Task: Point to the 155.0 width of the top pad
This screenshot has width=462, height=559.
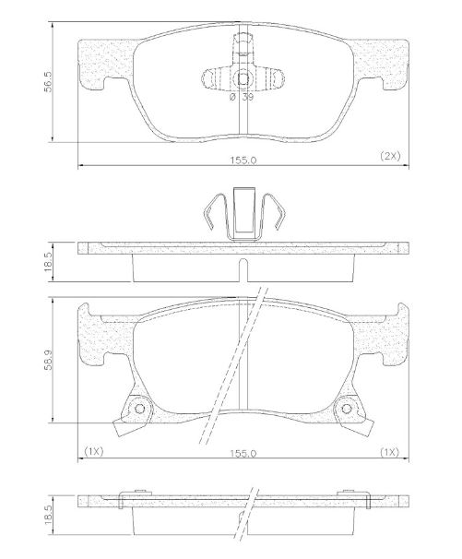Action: tap(243, 159)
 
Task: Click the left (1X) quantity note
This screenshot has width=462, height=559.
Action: tap(93, 451)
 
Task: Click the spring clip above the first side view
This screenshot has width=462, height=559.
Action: tap(243, 215)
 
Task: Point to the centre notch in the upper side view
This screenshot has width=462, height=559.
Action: tap(243, 269)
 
